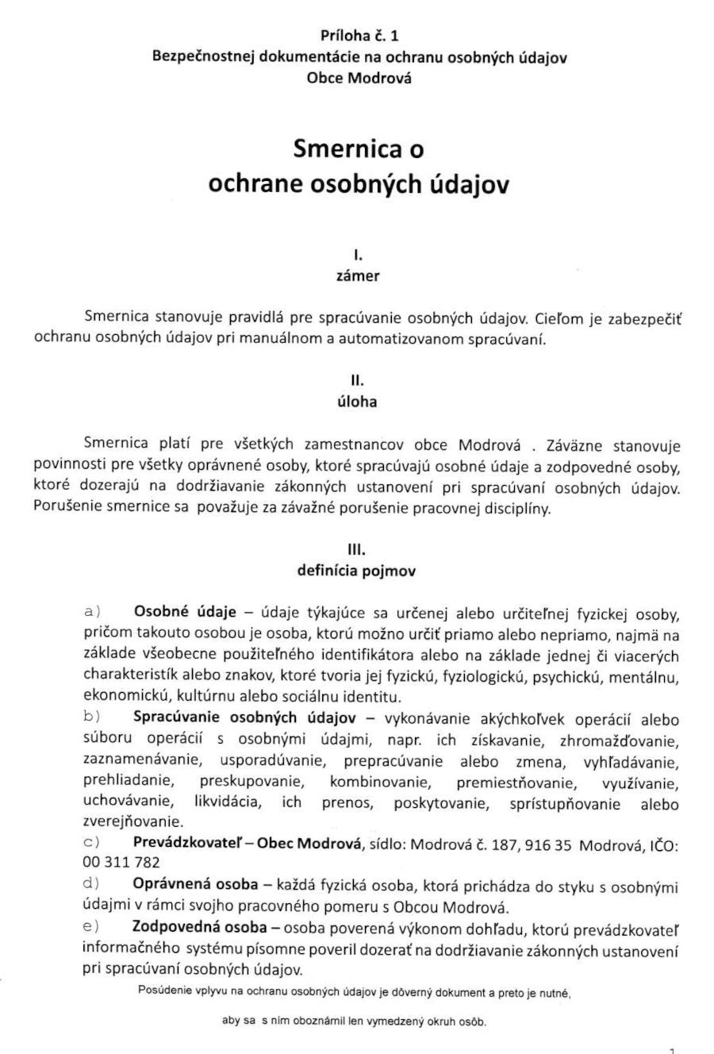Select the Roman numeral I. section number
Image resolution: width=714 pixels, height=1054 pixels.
point(357,256)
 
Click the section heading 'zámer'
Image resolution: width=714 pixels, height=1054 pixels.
point(358,277)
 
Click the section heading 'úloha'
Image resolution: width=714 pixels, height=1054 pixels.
point(358,402)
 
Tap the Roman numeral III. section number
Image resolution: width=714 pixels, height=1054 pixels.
point(357,547)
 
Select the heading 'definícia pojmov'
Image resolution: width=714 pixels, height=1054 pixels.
point(358,569)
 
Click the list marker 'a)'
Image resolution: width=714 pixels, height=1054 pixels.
point(91,613)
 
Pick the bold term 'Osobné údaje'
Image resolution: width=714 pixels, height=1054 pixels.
point(186,614)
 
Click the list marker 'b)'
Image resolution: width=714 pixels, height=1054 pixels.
point(91,717)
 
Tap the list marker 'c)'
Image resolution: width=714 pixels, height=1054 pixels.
point(91,841)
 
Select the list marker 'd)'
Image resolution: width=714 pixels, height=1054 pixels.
point(91,883)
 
